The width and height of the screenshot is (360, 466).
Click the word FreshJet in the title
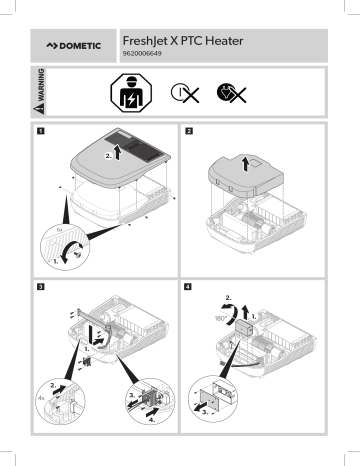pos(149,40)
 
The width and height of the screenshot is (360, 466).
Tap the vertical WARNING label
pos(41,93)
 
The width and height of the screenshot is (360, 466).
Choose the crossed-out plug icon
pos(233,94)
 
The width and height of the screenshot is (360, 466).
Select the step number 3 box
pos(40,289)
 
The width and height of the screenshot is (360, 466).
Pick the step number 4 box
pos(189,289)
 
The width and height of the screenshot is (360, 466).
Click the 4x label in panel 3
pos(40,403)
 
